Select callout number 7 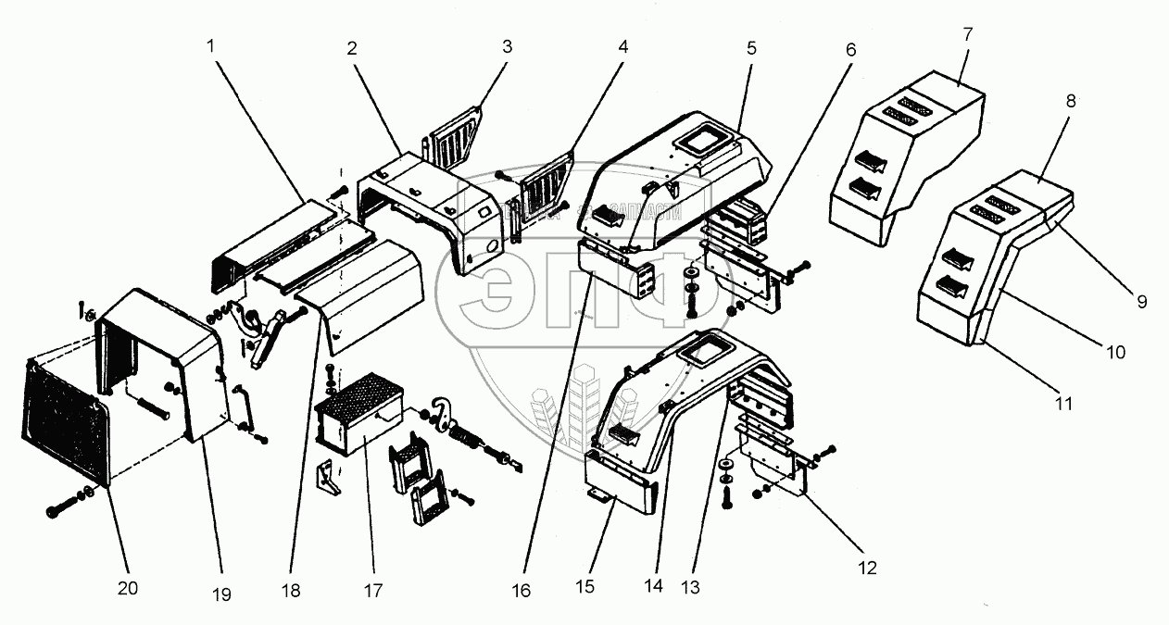967,34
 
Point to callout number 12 866,567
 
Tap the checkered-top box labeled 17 357,417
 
